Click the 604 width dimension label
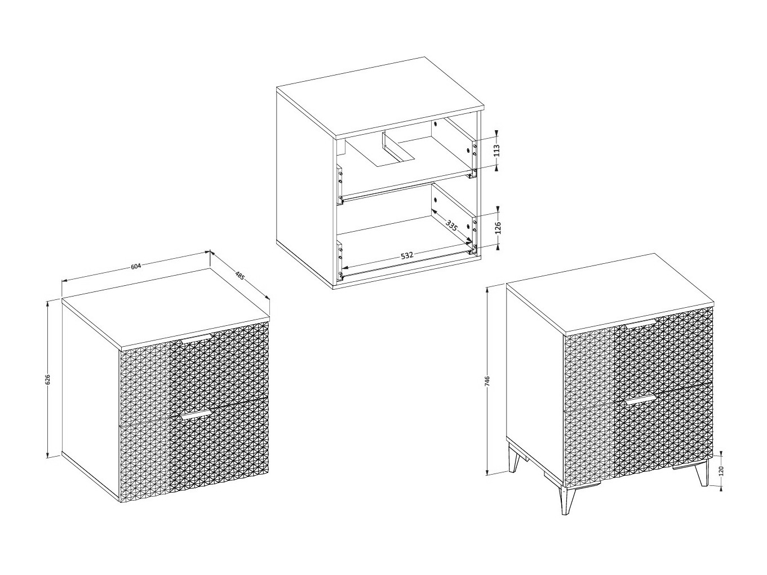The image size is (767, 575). pos(136,266)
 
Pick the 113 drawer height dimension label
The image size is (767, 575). pos(497,151)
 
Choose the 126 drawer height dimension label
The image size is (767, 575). pos(498,227)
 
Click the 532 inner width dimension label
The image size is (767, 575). pos(407,256)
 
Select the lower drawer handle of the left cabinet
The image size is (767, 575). pos(197,414)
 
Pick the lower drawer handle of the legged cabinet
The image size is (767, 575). pos(641,401)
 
